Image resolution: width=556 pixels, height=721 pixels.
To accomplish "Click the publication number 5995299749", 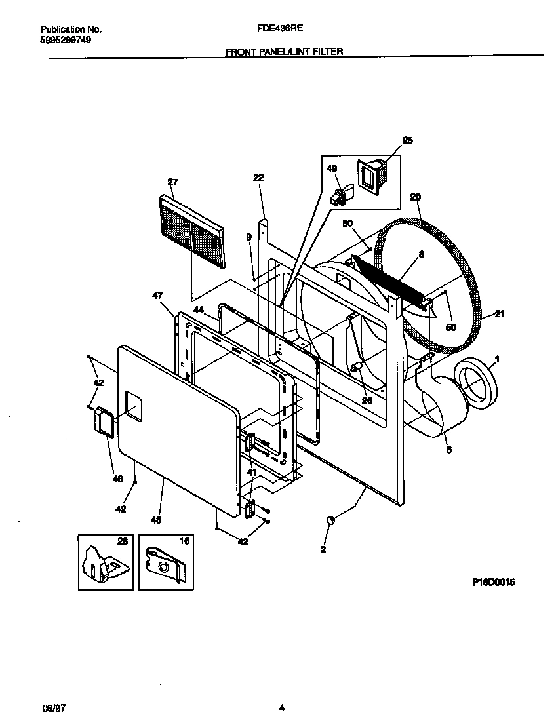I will (66, 40).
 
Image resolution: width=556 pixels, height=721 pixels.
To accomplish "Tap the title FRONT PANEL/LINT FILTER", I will (284, 51).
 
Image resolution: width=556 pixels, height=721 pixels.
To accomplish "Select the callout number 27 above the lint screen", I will (172, 182).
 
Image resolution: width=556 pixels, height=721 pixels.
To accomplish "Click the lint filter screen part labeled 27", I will (191, 233).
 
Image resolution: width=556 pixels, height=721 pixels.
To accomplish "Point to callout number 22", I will (258, 177).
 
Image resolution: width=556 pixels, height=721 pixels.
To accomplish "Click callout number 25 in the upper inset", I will (408, 140).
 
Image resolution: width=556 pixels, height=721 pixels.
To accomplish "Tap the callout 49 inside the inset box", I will (332, 169).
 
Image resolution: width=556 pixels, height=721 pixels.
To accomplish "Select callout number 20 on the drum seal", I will (415, 197).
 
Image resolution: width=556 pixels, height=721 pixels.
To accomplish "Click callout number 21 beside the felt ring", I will (500, 314).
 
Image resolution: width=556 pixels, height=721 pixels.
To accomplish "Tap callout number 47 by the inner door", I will (157, 296).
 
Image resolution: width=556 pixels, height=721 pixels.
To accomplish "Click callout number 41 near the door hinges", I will (252, 471).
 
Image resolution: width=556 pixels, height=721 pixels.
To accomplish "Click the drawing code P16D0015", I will (492, 582).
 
